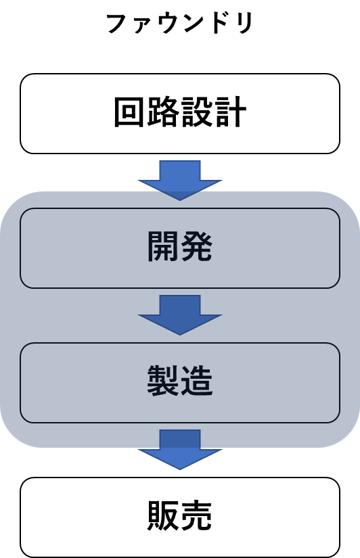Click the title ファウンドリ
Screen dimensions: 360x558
coord(180,24)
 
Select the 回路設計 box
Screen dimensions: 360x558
coord(180,114)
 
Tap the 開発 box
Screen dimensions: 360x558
coord(180,248)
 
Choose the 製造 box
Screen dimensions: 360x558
coord(180,383)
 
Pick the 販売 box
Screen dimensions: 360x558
coord(180,517)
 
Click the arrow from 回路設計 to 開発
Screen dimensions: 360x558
coord(180,181)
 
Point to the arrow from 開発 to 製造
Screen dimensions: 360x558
coord(180,315)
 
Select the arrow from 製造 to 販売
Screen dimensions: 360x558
coord(180,450)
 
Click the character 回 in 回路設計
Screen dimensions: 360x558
coord(129,112)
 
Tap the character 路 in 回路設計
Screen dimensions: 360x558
coord(162,112)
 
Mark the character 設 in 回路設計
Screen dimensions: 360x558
coord(196,112)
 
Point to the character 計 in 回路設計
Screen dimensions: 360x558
coord(230,112)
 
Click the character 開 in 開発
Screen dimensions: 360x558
coord(162,247)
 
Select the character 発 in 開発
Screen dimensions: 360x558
coord(196,247)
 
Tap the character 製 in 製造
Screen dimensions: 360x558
coord(162,381)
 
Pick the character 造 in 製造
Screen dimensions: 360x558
coord(196,381)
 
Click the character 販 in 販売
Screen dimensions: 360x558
coord(162,515)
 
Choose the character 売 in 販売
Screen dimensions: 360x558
coord(196,515)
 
